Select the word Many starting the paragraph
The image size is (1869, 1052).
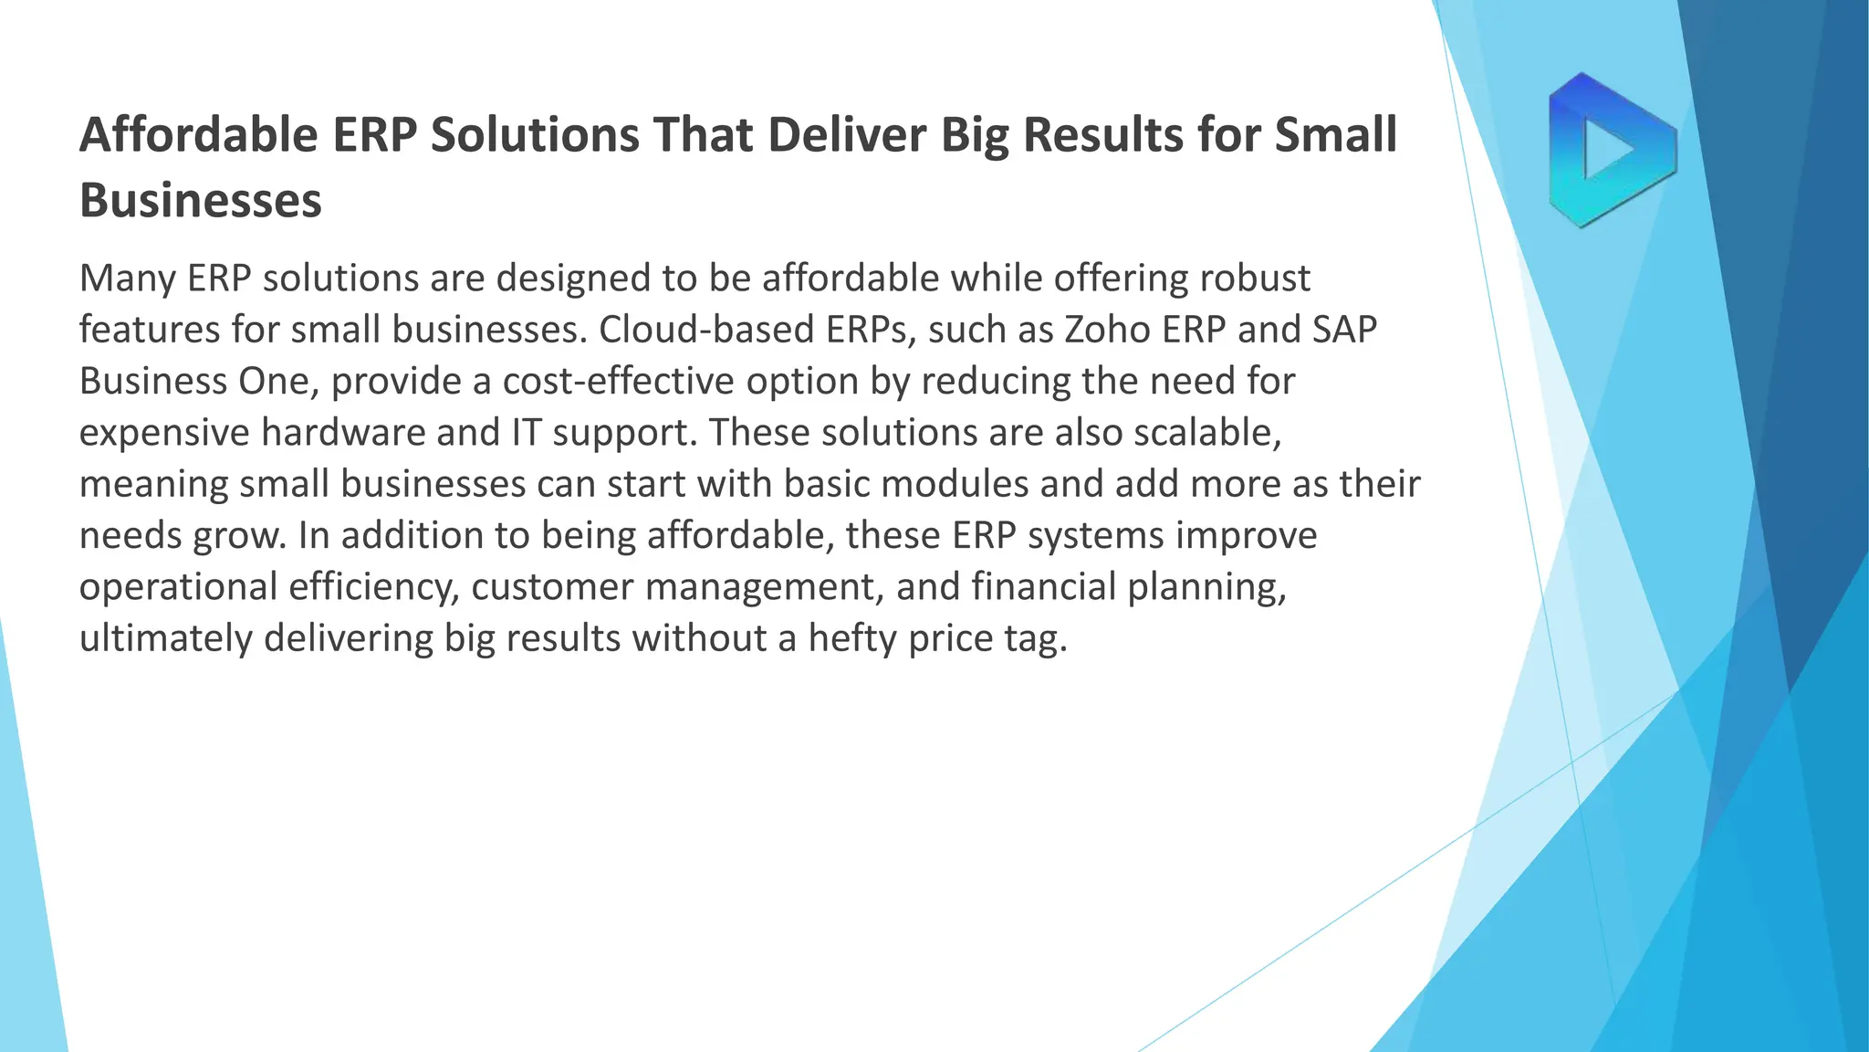click(127, 279)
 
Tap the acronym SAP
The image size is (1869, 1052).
click(1344, 330)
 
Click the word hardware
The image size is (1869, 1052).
click(343, 432)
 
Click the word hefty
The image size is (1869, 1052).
click(852, 637)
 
